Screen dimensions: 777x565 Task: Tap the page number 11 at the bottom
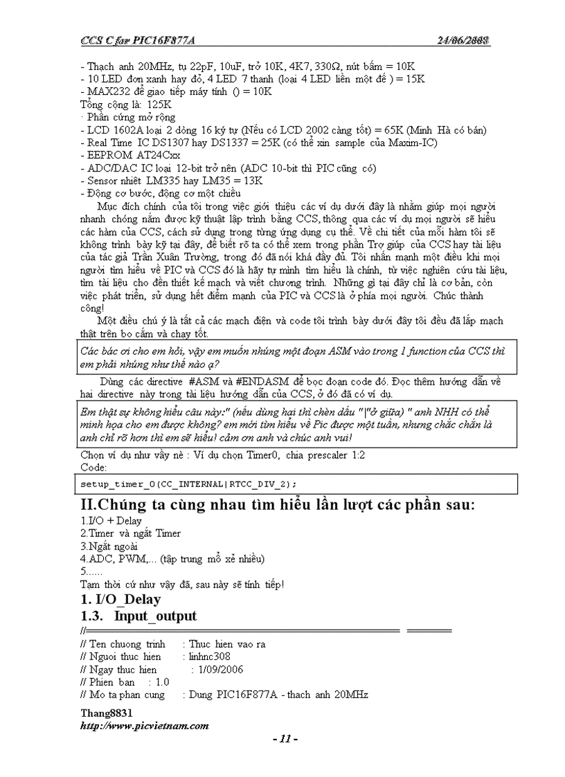click(285, 739)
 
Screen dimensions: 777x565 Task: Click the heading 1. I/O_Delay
click(120, 599)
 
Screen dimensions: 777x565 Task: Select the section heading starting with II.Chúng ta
click(278, 504)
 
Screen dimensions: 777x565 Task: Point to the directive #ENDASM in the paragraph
click(262, 382)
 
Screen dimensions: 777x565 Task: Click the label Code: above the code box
click(94, 467)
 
